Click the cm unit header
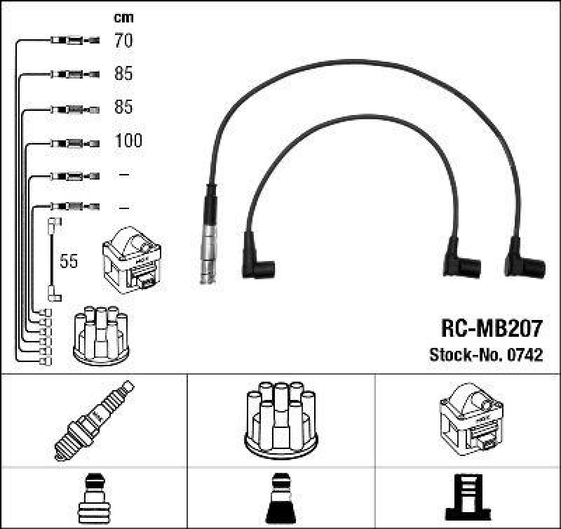(123, 18)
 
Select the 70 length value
(123, 41)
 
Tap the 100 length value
(128, 141)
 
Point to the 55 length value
(69, 262)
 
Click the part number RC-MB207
(491, 329)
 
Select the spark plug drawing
(93, 420)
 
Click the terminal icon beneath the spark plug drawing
(93, 498)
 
